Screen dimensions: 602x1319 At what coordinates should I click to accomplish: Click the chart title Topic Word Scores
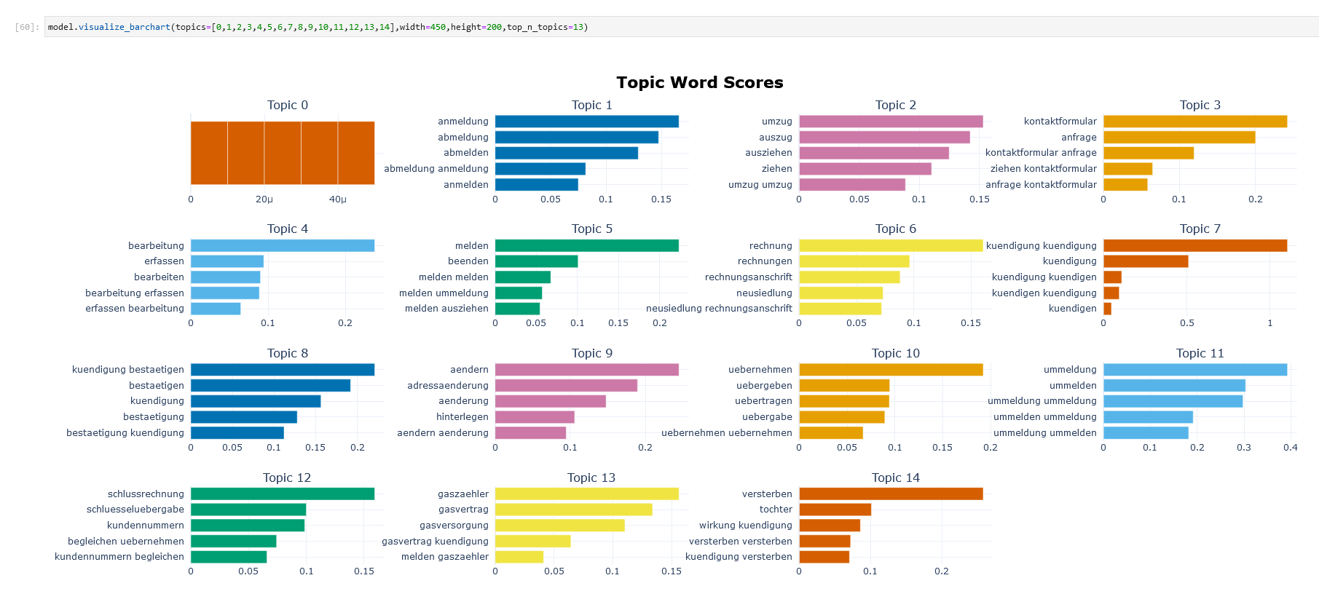(699, 82)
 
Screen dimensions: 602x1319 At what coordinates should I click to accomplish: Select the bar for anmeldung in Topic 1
(586, 122)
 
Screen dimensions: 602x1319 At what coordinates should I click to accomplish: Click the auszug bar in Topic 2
(884, 137)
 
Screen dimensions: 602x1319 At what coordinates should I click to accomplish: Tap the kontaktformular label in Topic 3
(1060, 122)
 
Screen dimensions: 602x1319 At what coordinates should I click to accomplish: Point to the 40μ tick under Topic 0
(337, 199)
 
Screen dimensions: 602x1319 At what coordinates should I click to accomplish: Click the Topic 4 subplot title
(287, 229)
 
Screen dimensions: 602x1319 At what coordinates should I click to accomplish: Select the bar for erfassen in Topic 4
(227, 261)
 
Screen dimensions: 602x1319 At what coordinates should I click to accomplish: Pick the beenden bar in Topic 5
(536, 261)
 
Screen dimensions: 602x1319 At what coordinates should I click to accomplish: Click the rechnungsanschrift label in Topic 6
(748, 277)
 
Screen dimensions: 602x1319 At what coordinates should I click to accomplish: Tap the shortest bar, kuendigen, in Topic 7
(1107, 309)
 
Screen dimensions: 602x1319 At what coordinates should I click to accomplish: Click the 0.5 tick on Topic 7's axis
(1186, 323)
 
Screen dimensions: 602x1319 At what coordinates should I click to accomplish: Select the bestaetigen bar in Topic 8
(270, 386)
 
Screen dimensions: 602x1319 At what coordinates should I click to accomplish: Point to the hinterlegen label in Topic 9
(462, 417)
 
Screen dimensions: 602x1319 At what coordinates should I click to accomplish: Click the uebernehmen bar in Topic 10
(891, 370)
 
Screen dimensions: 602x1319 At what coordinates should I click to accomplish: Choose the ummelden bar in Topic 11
(1174, 386)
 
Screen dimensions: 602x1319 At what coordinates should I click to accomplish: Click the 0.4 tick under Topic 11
(1290, 448)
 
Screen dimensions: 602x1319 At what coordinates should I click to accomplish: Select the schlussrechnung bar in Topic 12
(283, 494)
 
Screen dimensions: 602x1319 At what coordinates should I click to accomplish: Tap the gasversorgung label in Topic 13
(454, 526)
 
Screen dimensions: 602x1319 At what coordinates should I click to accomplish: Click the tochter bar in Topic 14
(835, 510)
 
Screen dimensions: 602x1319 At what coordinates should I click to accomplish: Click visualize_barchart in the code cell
(124, 27)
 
